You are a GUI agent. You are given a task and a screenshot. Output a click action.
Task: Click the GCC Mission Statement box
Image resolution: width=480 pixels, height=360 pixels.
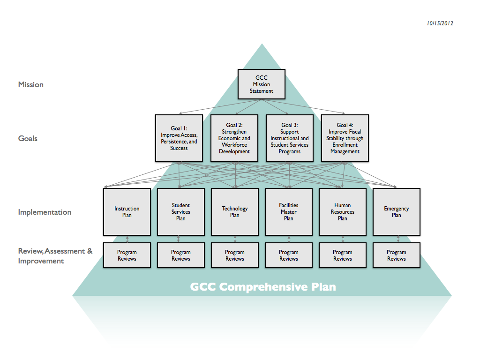[x=262, y=84]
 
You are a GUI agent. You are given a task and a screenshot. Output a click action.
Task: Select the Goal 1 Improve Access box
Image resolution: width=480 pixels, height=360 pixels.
[x=179, y=138]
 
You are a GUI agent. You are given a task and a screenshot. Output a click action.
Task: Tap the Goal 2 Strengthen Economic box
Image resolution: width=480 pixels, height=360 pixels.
[x=234, y=138]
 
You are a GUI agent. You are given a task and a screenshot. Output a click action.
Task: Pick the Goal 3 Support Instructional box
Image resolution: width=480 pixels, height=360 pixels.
[x=290, y=138]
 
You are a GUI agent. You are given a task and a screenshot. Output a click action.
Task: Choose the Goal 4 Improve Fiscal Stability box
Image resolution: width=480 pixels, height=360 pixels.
[x=345, y=138]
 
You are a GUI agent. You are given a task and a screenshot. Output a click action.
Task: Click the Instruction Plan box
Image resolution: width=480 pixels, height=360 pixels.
[x=127, y=212]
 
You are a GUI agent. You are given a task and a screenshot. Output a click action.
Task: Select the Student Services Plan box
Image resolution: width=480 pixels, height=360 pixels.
[x=181, y=212]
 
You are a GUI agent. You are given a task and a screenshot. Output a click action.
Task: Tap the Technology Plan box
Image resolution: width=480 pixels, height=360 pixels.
[x=235, y=212]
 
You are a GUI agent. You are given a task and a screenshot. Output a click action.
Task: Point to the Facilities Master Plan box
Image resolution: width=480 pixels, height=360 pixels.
[x=289, y=212]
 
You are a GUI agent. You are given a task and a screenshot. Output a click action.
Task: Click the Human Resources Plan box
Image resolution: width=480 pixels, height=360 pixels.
[x=343, y=212]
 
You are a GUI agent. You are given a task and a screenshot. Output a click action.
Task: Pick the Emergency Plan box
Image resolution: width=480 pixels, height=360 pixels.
[x=397, y=212]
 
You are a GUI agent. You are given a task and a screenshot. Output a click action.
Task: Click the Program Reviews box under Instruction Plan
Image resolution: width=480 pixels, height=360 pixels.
[x=127, y=255]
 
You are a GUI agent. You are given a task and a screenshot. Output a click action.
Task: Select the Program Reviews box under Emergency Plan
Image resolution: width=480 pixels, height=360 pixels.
[x=397, y=255]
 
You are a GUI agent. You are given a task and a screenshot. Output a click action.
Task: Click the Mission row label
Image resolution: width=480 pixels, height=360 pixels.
[x=31, y=85]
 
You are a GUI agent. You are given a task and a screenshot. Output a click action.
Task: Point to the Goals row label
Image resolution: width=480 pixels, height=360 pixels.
[x=28, y=139]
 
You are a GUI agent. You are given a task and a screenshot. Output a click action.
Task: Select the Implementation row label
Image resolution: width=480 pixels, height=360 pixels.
[x=45, y=212]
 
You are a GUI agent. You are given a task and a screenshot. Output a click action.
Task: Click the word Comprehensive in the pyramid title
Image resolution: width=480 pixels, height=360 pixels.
[x=264, y=287]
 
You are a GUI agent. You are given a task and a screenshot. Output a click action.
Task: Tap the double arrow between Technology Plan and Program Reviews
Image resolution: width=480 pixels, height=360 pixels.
[x=235, y=239]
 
